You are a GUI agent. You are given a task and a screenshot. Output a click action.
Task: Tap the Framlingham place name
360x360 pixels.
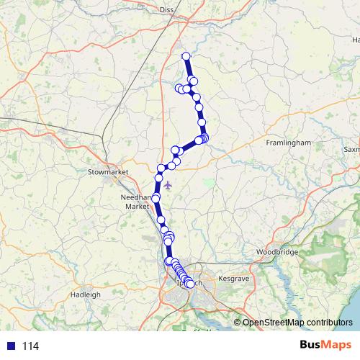tap(288, 143)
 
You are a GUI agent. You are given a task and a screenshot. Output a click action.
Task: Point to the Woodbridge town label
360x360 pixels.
tap(276, 253)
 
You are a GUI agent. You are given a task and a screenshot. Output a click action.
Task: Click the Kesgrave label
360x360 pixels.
tap(233, 277)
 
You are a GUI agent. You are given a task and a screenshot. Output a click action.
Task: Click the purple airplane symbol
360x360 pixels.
tap(168, 186)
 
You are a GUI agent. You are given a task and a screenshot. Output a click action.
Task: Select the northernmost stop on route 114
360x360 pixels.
tap(186, 56)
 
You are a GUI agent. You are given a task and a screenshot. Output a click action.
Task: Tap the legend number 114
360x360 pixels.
tap(30, 346)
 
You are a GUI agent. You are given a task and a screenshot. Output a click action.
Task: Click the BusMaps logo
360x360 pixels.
tap(325, 345)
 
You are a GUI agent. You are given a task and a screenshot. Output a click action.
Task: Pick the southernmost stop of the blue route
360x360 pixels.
tap(190, 284)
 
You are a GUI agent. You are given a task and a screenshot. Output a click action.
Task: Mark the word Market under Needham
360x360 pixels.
tap(137, 206)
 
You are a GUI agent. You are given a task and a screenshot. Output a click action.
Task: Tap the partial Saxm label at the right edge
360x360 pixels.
tap(352, 150)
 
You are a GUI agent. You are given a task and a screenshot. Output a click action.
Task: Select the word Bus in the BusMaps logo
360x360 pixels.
tap(312, 345)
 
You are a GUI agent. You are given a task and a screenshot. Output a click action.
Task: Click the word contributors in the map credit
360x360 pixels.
tap(327, 322)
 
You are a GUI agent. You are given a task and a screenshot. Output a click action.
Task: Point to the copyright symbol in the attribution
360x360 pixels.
tap(238, 322)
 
